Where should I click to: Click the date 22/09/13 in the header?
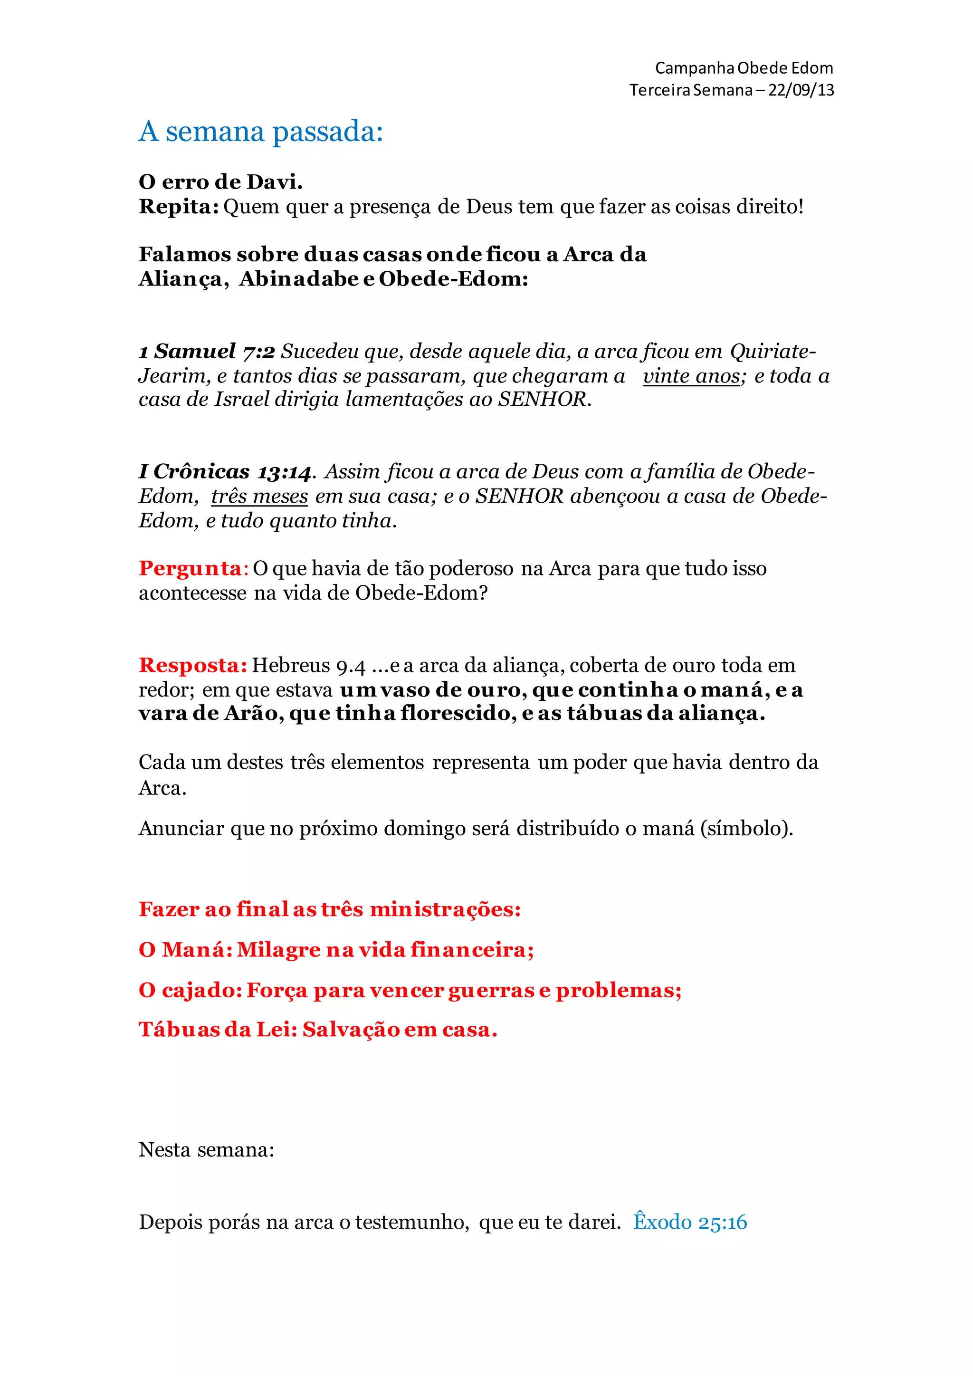801,90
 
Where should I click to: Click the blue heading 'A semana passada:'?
261,131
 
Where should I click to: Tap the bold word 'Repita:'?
179,207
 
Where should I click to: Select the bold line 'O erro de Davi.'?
220,182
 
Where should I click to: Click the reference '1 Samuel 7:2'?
207,351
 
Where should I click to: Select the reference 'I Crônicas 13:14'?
225,472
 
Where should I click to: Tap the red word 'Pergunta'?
190,568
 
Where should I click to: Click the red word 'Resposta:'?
193,665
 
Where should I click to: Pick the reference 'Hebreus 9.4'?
308,665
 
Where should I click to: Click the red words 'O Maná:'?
186,950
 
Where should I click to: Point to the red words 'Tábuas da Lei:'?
218,1030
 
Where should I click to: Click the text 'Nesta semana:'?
207,1149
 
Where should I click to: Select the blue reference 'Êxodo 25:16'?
690,1222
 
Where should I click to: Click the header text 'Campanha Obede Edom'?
744,68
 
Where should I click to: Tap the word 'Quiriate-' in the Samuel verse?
773,351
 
